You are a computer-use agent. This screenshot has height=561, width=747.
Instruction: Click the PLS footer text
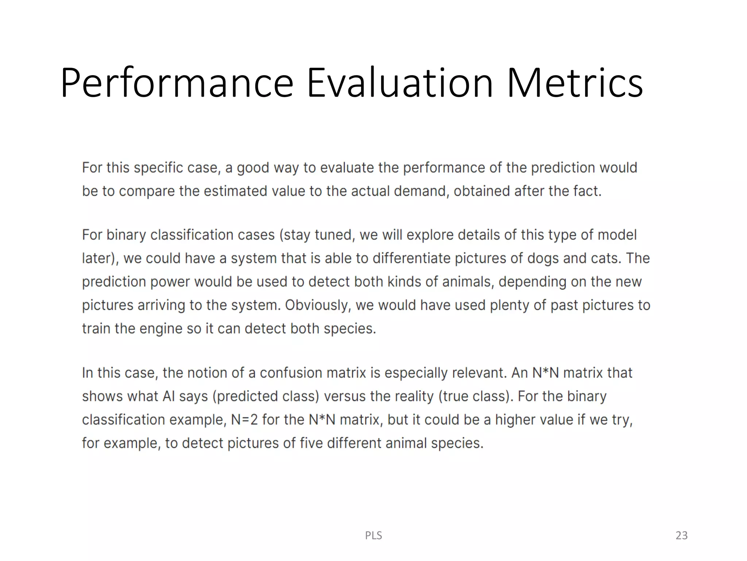(373, 535)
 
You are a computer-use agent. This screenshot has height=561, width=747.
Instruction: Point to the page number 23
(681, 535)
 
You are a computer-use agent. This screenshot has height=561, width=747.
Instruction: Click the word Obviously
(318, 305)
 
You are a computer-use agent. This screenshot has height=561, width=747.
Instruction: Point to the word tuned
(334, 235)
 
